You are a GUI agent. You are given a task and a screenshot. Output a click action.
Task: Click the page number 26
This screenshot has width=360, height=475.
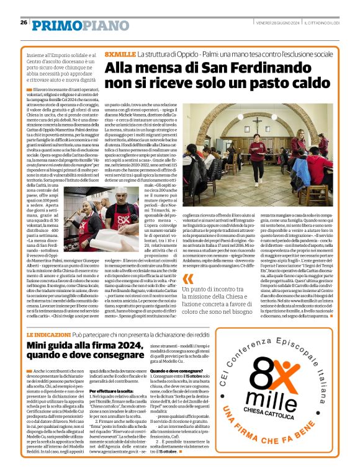pos(24,23)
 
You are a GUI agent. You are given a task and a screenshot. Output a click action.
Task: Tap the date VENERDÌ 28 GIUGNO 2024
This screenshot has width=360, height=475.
pos(278,23)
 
